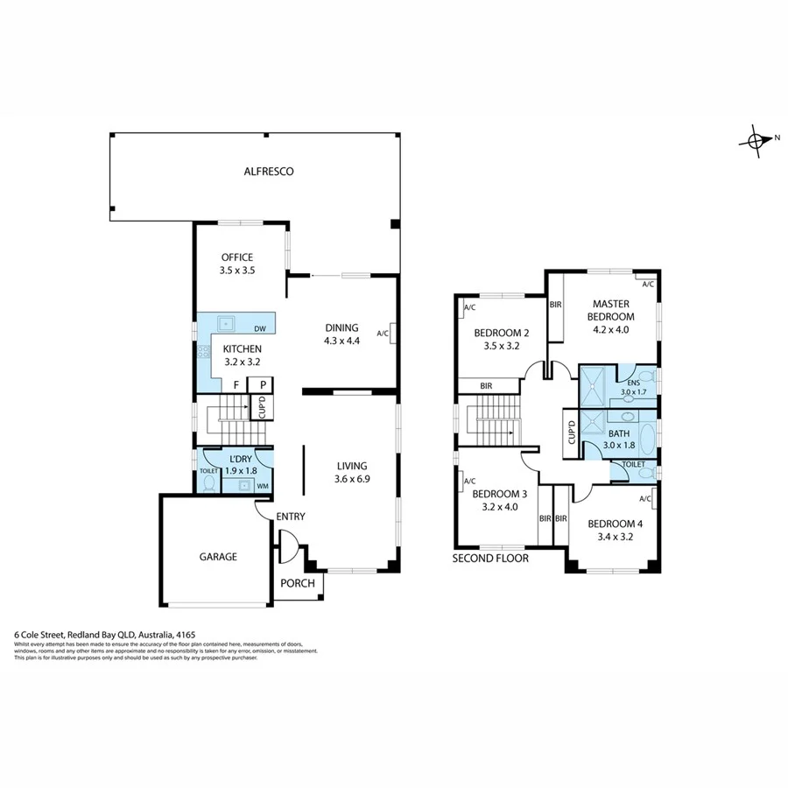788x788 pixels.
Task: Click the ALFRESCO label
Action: (x=269, y=172)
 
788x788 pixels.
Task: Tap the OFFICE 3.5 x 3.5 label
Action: (x=236, y=264)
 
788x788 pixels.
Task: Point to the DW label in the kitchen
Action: (x=260, y=329)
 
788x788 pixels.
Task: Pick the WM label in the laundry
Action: (x=263, y=485)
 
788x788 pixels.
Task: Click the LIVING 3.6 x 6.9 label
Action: (x=350, y=472)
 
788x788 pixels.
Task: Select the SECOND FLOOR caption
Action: (x=490, y=558)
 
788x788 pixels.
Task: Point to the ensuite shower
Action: (x=598, y=382)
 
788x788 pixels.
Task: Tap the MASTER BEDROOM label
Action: (x=611, y=310)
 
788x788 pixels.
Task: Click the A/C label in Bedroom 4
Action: (x=646, y=498)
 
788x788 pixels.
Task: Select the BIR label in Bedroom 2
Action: (x=488, y=385)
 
